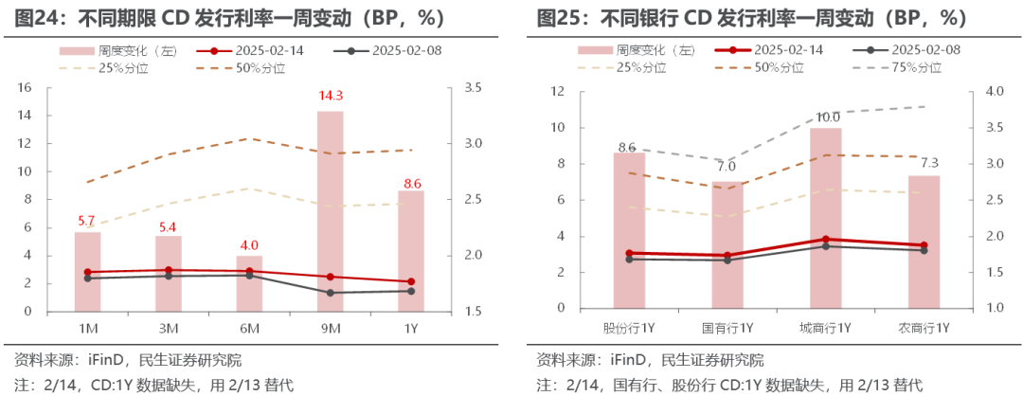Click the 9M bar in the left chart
coord(330,210)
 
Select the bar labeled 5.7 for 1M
coord(87,271)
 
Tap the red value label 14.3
coord(330,96)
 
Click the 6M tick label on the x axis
coord(249,328)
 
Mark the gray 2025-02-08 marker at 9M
coord(330,293)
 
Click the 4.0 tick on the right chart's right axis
coord(989,92)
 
